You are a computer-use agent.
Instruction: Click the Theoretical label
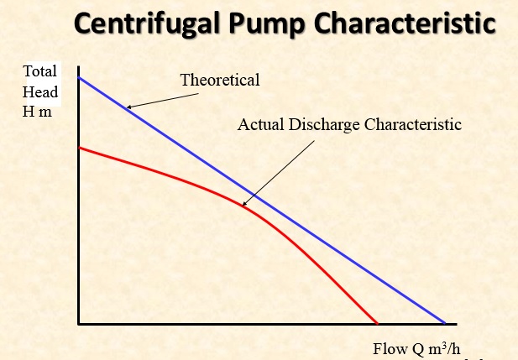pyautogui.click(x=220, y=81)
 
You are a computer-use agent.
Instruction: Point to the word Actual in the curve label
pyautogui.click(x=258, y=125)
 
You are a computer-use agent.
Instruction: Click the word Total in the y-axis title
pyautogui.click(x=40, y=73)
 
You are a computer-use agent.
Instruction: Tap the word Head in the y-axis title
pyautogui.click(x=40, y=91)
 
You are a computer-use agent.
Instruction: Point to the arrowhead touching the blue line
pyautogui.click(x=128, y=107)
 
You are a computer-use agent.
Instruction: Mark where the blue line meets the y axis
pyautogui.click(x=78, y=78)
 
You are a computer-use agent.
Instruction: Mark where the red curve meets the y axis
pyautogui.click(x=78, y=148)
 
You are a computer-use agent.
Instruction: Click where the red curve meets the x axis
pyautogui.click(x=377, y=323)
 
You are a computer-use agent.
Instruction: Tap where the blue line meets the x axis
pyautogui.click(x=445, y=323)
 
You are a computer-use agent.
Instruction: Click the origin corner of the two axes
pyautogui.click(x=78, y=323)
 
